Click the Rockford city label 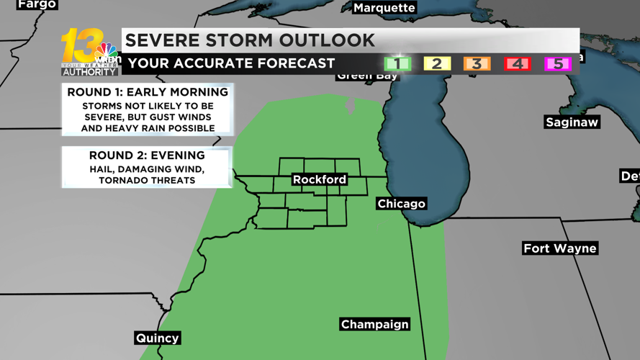[x=320, y=179]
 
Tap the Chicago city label [x=401, y=204]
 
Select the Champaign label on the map [x=374, y=325]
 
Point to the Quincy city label [x=157, y=338]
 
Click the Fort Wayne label [x=559, y=248]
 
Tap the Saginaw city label [x=572, y=122]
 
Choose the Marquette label [x=384, y=8]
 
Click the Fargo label [x=36, y=4]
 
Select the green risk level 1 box [x=397, y=64]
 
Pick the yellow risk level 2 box [x=436, y=64]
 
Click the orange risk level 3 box [x=477, y=64]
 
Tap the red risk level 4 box [x=517, y=64]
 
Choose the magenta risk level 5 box [x=557, y=64]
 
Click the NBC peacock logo [x=107, y=51]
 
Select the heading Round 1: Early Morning [x=148, y=92]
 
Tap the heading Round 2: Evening [x=147, y=156]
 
